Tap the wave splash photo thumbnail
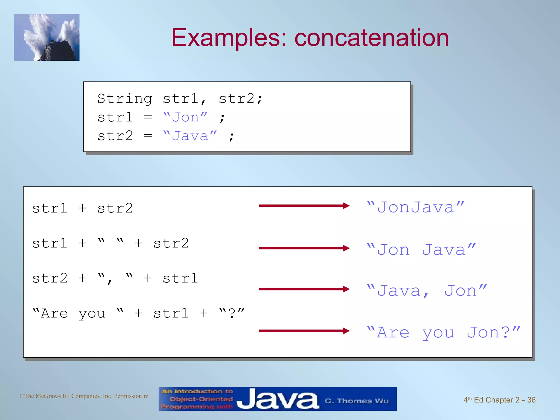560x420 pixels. click(x=47, y=37)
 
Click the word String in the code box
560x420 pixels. click(x=125, y=99)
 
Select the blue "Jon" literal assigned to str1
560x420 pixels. click(x=185, y=118)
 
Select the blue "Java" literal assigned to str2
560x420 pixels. click(x=190, y=136)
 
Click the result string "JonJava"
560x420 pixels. click(x=415, y=207)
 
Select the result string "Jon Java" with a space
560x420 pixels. click(x=421, y=250)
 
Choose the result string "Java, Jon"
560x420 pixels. click(x=427, y=291)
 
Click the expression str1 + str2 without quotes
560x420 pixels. click(x=82, y=208)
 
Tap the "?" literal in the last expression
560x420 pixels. click(x=232, y=313)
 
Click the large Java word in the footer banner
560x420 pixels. click(x=277, y=399)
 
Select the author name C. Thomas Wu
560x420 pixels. click(x=357, y=401)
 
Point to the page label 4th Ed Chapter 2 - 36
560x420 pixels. click(x=499, y=400)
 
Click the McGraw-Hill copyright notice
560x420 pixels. click(x=84, y=396)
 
